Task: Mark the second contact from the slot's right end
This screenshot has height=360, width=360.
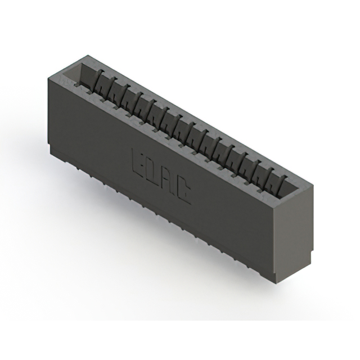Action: click(264, 174)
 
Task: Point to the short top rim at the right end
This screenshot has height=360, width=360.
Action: click(293, 193)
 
